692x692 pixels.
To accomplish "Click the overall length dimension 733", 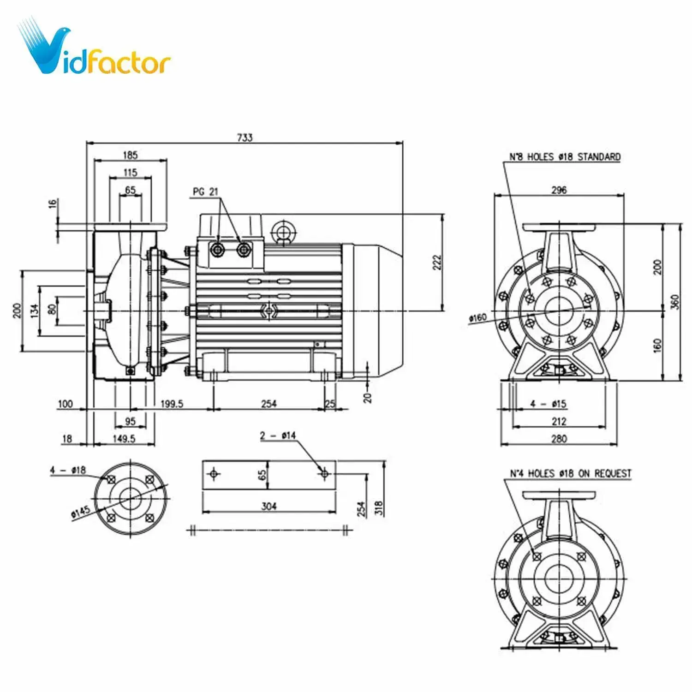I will [245, 137].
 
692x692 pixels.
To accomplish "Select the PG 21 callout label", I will [205, 191].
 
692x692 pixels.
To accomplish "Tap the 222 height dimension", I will [437, 262].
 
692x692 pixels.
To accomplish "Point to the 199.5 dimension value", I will [172, 404].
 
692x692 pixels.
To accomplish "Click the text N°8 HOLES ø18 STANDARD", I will [565, 157].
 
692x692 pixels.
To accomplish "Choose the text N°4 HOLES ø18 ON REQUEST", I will [570, 474].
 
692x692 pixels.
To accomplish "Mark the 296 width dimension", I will [559, 190].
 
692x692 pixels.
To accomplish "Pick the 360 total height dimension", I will [675, 302].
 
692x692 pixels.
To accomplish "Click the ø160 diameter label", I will [478, 318].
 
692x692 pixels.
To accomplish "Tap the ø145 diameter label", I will [80, 513].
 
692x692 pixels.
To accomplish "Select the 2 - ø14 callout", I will [278, 435].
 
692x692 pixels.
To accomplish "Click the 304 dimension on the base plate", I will [269, 507].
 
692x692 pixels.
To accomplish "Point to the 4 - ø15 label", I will [548, 404].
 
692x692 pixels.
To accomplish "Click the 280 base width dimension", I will [559, 439].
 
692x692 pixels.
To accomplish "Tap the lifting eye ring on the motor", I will [282, 230].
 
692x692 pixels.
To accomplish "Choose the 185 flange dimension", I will [131, 155].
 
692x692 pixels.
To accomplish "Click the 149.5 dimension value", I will [124, 439].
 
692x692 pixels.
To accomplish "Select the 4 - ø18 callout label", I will [68, 470].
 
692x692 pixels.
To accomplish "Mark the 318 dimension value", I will [378, 508].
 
